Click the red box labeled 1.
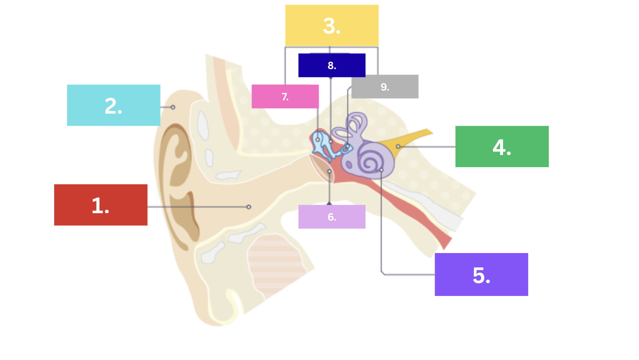101,205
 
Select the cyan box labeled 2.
114,105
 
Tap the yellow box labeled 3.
332,26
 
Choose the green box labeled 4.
502,146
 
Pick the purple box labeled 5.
481,274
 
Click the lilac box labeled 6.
332,217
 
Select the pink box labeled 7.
285,96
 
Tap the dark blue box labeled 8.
332,65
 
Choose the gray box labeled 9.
385,87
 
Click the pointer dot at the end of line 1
249,207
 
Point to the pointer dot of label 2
173,107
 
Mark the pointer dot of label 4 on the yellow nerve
398,147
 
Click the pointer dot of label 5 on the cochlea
381,170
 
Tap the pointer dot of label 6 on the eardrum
330,171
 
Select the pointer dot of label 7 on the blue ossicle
318,140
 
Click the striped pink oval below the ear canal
275,265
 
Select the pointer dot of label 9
348,146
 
